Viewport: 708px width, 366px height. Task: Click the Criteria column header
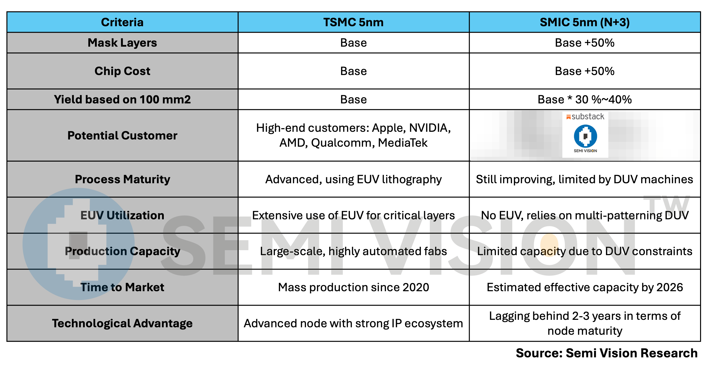pos(122,22)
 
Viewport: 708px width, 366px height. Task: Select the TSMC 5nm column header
pos(354,22)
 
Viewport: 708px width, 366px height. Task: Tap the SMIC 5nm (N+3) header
pos(585,22)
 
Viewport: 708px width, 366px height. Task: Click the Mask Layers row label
pos(122,43)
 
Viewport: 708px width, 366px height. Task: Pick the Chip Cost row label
pos(122,71)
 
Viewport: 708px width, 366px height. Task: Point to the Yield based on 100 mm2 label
pos(122,99)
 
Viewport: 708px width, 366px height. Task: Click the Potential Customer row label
pos(122,135)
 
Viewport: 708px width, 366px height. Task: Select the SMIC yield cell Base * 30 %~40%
pos(585,99)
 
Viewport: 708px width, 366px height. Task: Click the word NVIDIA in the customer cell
pos(430,128)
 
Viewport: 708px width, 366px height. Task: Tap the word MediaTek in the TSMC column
pos(403,143)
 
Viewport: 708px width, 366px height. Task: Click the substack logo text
pos(588,117)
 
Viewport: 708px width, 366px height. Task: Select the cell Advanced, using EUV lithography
pos(354,179)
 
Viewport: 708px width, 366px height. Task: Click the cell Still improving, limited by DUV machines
pos(585,179)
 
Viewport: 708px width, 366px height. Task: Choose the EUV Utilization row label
pos(122,215)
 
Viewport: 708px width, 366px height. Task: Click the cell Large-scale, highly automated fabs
pos(354,251)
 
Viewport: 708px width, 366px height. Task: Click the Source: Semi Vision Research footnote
pos(607,353)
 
